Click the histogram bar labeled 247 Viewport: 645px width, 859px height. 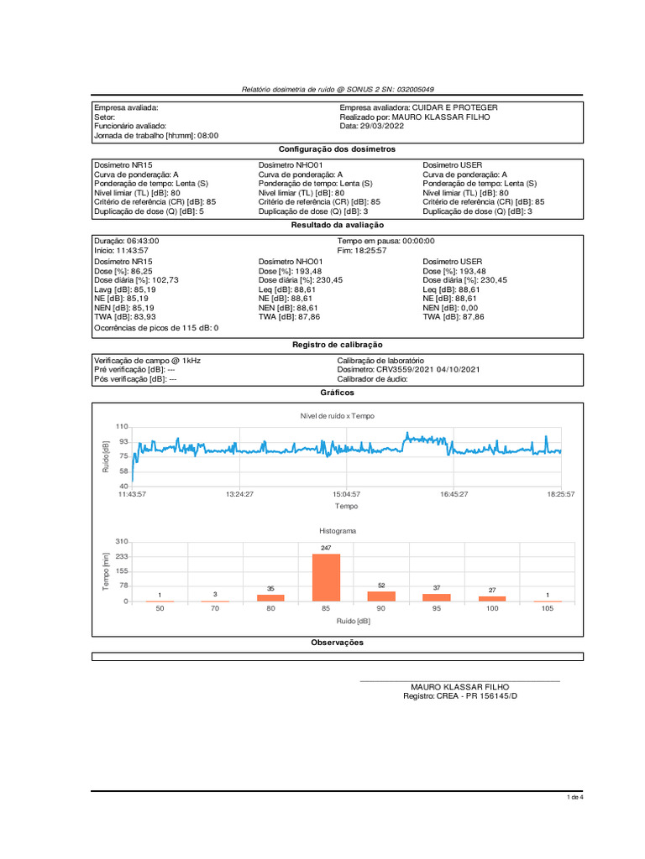click(325, 578)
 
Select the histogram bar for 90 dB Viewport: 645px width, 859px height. click(380, 596)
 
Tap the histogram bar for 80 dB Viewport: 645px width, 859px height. click(270, 598)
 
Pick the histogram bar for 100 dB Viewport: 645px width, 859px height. click(492, 599)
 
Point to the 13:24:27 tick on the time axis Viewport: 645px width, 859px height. click(239, 495)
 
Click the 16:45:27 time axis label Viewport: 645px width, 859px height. click(454, 495)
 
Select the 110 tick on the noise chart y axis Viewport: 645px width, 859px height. click(123, 428)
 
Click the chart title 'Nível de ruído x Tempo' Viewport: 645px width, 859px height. click(338, 416)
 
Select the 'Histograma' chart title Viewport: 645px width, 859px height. click(338, 531)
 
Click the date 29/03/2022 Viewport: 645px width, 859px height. click(382, 126)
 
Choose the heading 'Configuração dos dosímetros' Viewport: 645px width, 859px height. click(337, 148)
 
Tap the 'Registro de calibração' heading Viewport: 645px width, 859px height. click(337, 345)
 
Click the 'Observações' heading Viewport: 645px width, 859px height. click(337, 643)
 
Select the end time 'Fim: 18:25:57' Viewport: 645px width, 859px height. click(362, 250)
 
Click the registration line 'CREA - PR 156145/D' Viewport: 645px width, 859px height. click(477, 696)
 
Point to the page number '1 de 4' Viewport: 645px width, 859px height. click(575, 797)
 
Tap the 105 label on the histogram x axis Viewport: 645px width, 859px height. click(547, 610)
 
